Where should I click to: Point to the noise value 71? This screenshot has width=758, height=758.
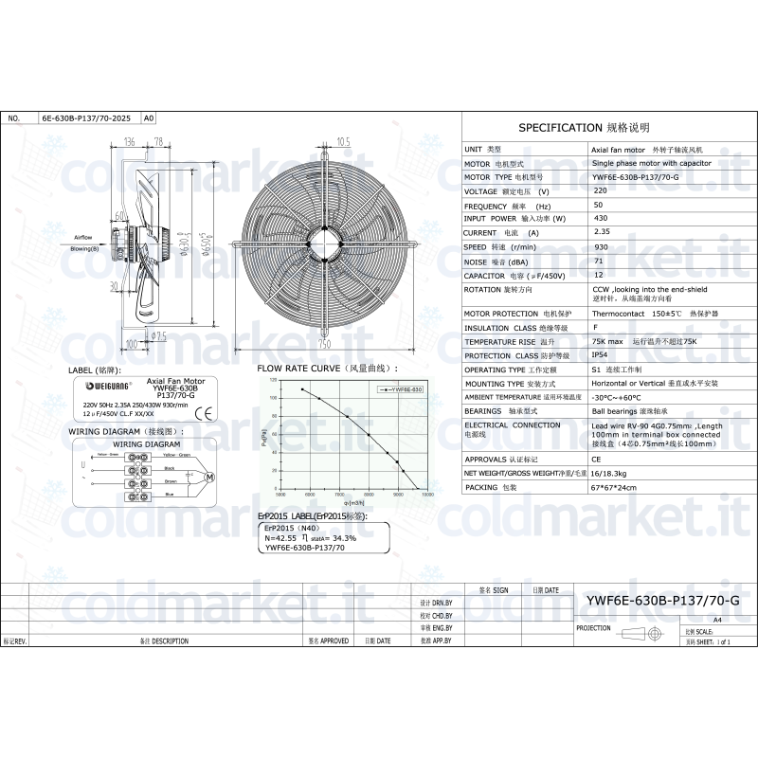click(597, 260)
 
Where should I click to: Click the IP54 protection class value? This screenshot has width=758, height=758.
click(601, 355)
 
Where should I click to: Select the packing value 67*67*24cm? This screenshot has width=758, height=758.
click(614, 487)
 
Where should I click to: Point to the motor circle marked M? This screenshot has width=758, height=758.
click(211, 475)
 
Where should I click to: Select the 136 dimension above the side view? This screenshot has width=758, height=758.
click(130, 141)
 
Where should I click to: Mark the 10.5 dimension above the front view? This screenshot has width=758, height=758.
click(344, 141)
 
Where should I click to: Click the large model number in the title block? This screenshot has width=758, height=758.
click(662, 601)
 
